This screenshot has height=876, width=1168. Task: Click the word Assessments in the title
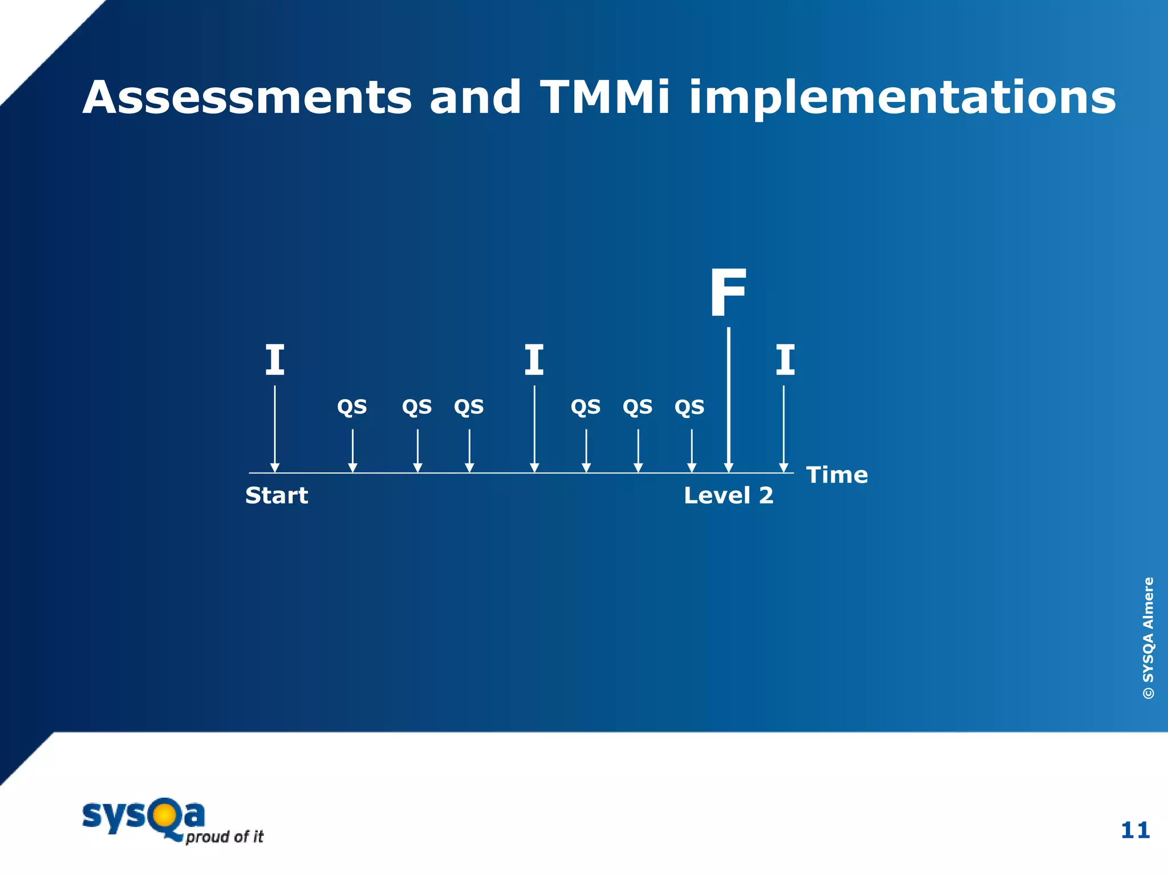pyautogui.click(x=246, y=98)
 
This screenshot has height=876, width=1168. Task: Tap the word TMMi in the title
pyautogui.click(x=605, y=98)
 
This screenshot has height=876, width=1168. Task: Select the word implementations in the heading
pyautogui.click(x=902, y=99)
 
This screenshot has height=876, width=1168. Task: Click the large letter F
pyautogui.click(x=728, y=294)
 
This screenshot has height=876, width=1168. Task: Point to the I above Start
pyautogui.click(x=275, y=360)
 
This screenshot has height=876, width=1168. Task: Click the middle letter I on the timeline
pyautogui.click(x=534, y=360)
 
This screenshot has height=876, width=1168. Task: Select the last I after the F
pyautogui.click(x=785, y=360)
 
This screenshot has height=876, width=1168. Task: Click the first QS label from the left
pyautogui.click(x=352, y=407)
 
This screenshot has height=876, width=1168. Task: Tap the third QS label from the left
pyautogui.click(x=469, y=407)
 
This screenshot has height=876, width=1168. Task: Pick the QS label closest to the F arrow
pyautogui.click(x=690, y=407)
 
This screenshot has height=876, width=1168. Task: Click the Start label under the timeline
pyautogui.click(x=277, y=496)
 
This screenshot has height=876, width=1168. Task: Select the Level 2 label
pyautogui.click(x=728, y=496)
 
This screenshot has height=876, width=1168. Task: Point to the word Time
pyautogui.click(x=837, y=475)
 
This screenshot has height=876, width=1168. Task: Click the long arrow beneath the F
pyautogui.click(x=728, y=399)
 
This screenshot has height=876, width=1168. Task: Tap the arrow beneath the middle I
pyautogui.click(x=534, y=428)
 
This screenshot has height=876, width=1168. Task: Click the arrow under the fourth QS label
pyautogui.click(x=586, y=451)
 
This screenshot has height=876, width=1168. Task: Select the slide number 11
pyautogui.click(x=1135, y=830)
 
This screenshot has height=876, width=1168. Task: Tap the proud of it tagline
pyautogui.click(x=225, y=837)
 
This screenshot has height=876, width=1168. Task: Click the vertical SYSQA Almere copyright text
pyautogui.click(x=1148, y=638)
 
